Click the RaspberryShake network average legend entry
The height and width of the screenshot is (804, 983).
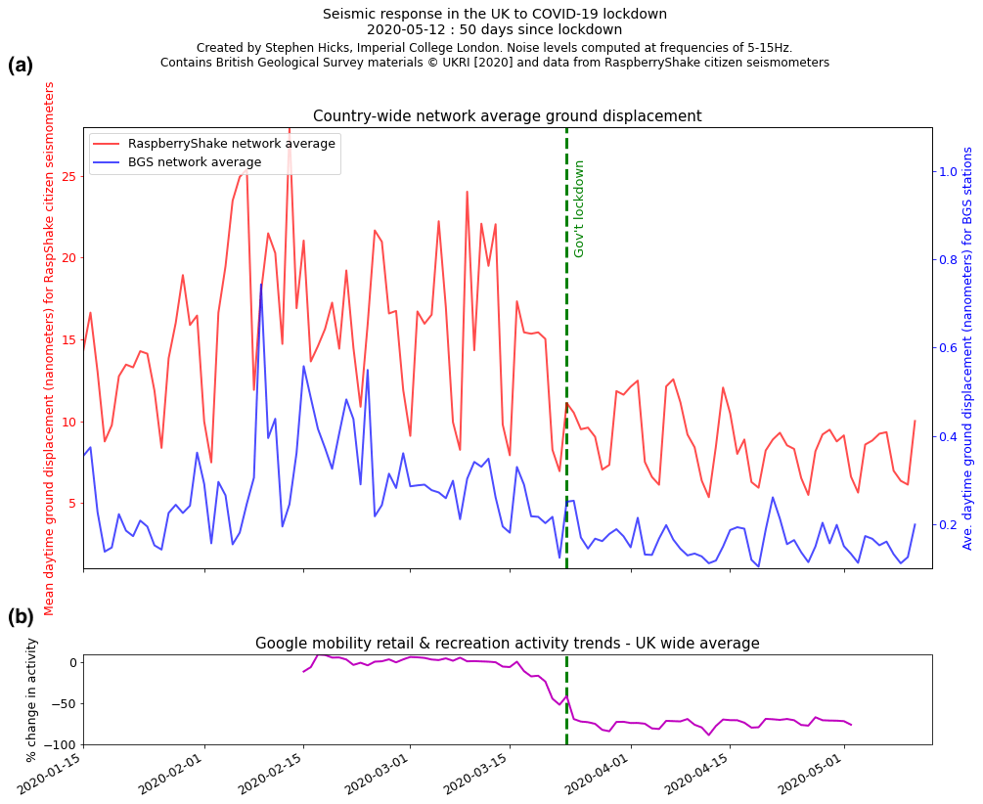tap(232, 144)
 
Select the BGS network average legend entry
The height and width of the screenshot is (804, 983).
tap(195, 162)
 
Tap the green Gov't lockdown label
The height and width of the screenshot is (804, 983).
tap(579, 208)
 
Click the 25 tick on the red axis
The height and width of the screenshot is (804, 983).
tap(67, 177)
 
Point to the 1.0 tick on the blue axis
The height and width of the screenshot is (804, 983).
tap(948, 171)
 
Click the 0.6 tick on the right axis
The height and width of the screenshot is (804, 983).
tap(948, 348)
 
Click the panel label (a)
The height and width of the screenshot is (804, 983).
tap(21, 66)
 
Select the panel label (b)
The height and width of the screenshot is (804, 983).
tap(21, 617)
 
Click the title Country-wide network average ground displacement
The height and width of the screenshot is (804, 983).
tap(507, 116)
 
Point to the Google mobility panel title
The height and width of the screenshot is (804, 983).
tap(507, 644)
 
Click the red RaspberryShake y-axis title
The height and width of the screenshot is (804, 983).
tap(50, 348)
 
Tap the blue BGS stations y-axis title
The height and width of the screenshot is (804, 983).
tap(967, 348)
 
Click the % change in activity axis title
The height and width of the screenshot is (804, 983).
tap(31, 699)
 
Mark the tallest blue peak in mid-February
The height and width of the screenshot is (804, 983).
tap(261, 285)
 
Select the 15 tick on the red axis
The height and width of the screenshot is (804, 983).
tap(67, 340)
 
